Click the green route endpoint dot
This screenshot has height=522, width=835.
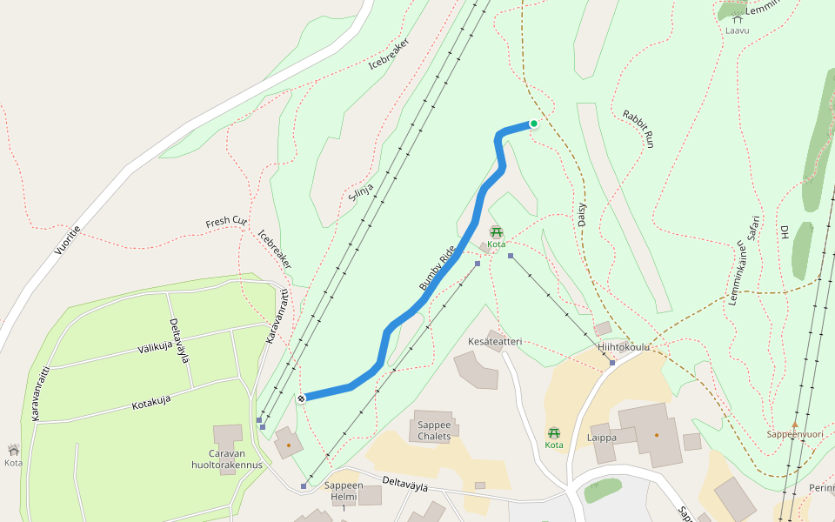click(533, 124)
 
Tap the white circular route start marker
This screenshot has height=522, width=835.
click(301, 398)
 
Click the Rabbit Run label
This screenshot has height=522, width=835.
click(637, 129)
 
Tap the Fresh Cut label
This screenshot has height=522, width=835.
click(225, 222)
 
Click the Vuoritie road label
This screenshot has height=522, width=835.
click(67, 240)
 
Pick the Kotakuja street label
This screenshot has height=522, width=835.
click(150, 403)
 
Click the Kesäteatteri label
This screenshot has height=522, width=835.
click(495, 342)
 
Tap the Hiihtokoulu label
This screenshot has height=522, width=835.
click(624, 347)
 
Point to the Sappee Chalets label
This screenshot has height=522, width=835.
click(434, 431)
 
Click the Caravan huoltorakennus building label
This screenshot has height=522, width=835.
click(227, 458)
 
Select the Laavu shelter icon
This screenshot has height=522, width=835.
click(737, 18)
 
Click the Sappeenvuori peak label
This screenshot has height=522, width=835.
click(794, 434)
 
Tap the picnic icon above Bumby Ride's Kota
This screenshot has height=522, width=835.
click(496, 232)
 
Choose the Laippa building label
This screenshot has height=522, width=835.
click(602, 438)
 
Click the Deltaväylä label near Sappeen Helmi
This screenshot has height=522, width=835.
click(405, 485)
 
